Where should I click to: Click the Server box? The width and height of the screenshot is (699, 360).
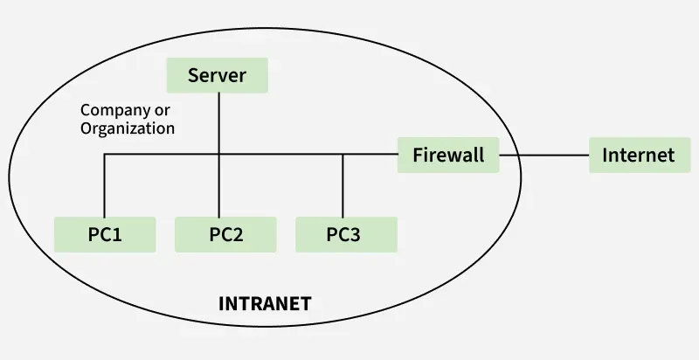217,75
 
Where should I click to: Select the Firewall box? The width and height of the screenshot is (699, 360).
448,155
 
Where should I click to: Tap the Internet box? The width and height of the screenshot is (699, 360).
639,155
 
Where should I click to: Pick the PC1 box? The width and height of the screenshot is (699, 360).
105,234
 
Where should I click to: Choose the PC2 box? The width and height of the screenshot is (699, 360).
225,234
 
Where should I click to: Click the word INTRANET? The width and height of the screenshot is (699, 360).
264,304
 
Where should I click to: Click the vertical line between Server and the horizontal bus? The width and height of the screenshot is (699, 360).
218,122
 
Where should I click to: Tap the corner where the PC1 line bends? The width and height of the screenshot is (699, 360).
104,155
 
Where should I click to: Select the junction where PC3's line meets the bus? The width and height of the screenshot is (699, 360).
343,155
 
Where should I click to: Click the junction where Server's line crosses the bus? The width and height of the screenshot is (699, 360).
218,155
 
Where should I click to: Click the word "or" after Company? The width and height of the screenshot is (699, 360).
163,111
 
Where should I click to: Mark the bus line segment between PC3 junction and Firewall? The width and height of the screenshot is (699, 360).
371,155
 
